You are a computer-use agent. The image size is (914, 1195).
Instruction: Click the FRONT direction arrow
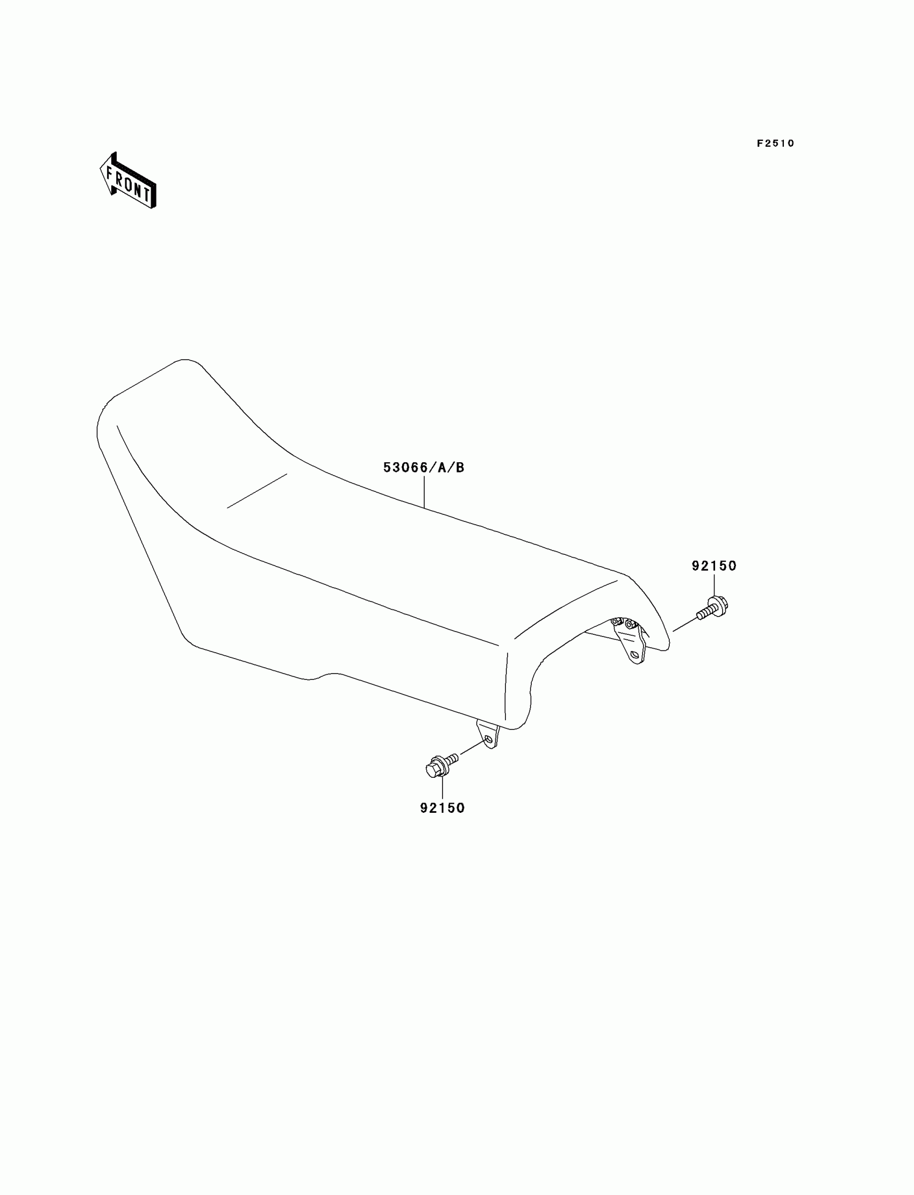128,181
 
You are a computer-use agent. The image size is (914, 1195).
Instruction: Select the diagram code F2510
775,144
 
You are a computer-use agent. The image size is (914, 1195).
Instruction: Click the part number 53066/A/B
424,467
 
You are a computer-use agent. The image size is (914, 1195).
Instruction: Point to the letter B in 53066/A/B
460,467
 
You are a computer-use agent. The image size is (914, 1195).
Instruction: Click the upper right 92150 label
714,566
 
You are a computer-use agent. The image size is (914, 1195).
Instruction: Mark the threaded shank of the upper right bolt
703,613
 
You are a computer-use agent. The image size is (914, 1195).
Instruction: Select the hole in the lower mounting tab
489,740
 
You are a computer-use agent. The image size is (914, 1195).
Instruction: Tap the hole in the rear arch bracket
634,655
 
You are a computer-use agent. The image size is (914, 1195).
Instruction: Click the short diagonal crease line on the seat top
257,491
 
